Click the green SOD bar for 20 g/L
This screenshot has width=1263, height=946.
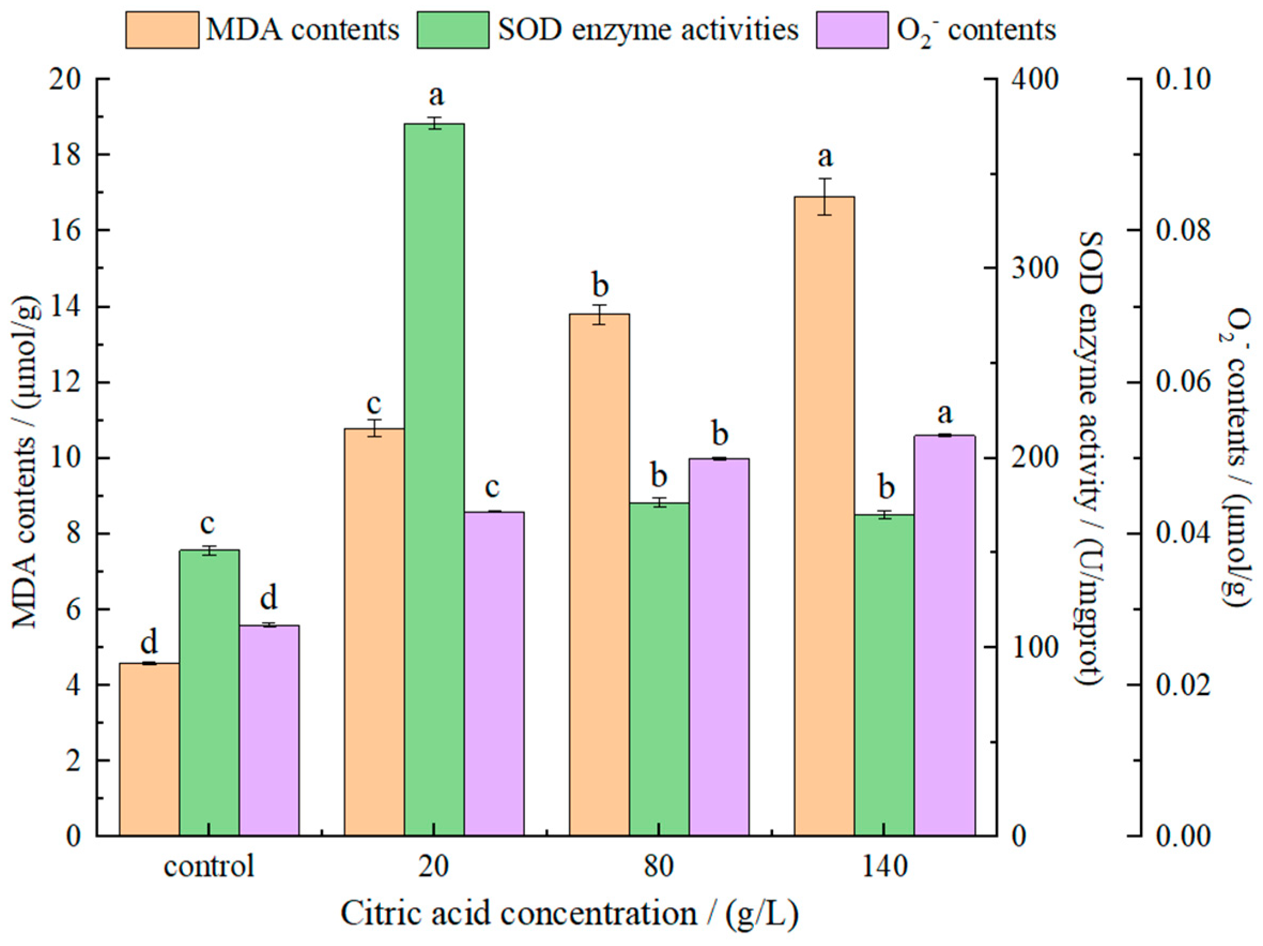coord(434,480)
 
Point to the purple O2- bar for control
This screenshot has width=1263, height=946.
coord(269,731)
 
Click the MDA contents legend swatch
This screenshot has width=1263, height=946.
coord(162,30)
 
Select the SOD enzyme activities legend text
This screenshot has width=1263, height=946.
coord(648,30)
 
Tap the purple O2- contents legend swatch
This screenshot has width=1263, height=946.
coord(852,30)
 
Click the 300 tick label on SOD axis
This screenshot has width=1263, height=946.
coord(1035,268)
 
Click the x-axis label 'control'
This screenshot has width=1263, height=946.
coord(209,867)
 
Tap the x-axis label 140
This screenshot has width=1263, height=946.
coord(884,867)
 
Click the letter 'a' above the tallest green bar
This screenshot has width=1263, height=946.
coord(436,96)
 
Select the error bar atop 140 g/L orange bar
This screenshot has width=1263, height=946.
coord(825,196)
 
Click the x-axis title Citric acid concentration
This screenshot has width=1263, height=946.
coord(569,914)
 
